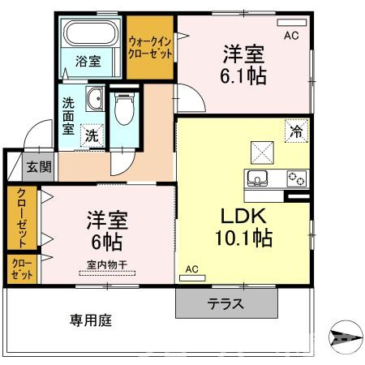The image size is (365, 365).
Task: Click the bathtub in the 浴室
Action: [x=92, y=33]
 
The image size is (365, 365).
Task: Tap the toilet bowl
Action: [x=124, y=109]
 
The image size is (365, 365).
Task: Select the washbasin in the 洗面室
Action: [x=95, y=98]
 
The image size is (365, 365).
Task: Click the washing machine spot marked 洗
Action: [x=92, y=135]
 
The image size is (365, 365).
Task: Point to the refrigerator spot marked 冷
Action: [x=297, y=131]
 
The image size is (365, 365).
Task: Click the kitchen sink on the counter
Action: [x=257, y=178]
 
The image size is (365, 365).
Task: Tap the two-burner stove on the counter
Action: [x=297, y=178]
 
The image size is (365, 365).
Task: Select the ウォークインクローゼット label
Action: [x=150, y=48]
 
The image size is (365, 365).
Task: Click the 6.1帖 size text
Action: [x=243, y=76]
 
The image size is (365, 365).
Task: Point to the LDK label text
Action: [x=243, y=216]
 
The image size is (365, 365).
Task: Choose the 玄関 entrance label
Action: [x=39, y=167]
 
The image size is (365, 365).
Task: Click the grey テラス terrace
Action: [x=226, y=303]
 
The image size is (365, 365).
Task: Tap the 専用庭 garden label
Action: [x=91, y=320]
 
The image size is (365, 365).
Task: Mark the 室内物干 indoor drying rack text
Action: [x=107, y=264]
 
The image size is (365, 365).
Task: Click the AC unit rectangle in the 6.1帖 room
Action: [x=292, y=23]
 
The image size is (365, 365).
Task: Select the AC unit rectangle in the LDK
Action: [x=192, y=277]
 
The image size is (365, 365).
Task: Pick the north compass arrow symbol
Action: [x=346, y=337]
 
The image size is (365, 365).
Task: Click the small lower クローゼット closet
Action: [x=22, y=269]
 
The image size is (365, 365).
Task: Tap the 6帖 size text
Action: [x=107, y=242]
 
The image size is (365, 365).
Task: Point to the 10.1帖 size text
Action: [x=243, y=238]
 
